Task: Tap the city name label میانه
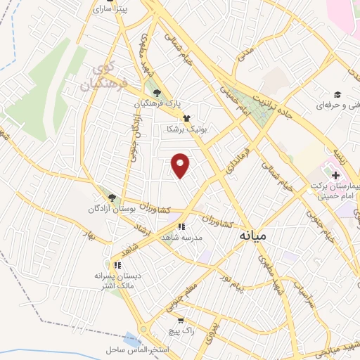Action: tap(252, 235)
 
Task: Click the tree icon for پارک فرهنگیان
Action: tap(157, 93)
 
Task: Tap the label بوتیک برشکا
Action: tap(185, 129)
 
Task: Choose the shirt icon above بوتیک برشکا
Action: tap(186, 119)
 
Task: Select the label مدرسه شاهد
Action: tap(181, 238)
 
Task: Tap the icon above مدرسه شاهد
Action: tap(181, 226)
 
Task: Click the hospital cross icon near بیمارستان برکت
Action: tap(335, 174)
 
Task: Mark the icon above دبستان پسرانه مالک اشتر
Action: tap(118, 265)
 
